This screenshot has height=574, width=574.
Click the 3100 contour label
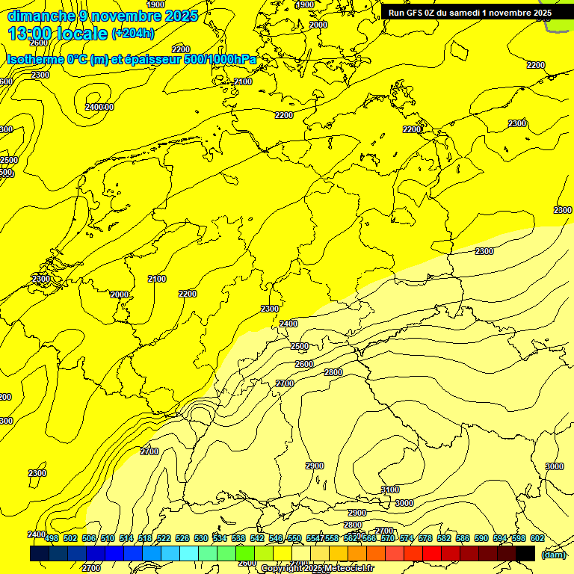[390, 490]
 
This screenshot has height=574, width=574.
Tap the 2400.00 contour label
[99, 107]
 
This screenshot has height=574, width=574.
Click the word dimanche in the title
[41, 16]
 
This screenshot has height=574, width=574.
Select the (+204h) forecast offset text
[133, 33]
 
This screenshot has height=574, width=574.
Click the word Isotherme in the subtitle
[35, 59]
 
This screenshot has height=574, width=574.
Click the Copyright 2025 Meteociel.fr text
[317, 569]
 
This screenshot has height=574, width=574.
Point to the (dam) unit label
[553, 554]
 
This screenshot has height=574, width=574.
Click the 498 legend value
[52, 538]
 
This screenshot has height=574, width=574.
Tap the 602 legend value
[537, 538]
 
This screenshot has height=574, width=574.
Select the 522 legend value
[164, 538]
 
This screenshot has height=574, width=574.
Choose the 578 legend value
[425, 538]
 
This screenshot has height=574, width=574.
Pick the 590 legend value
[481, 538]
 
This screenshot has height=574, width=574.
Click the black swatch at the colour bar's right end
[525, 553]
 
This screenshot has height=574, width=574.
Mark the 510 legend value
[108, 538]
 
